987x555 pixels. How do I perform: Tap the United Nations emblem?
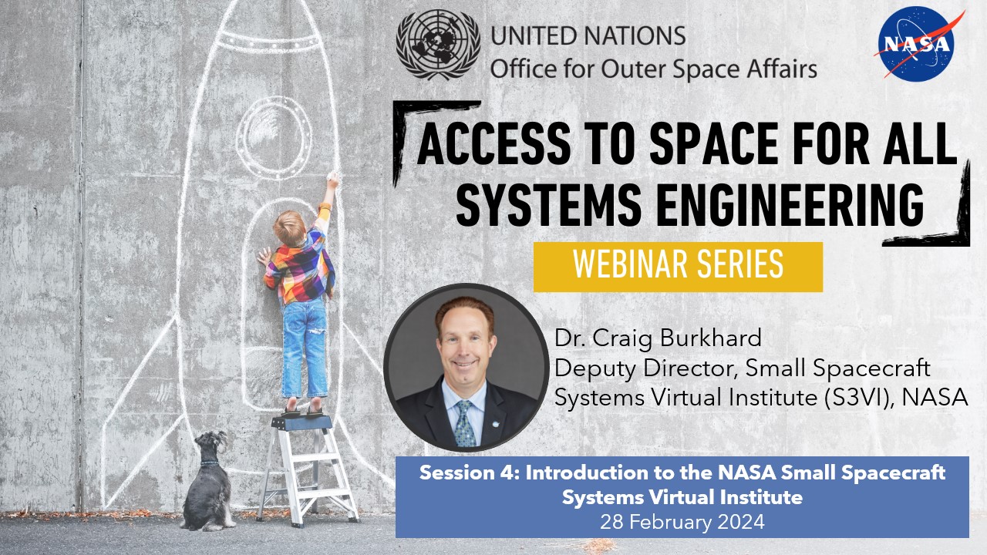(438, 45)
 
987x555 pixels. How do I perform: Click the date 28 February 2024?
(682, 522)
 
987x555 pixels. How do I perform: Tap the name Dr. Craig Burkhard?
(658, 338)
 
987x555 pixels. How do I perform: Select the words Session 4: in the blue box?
(470, 473)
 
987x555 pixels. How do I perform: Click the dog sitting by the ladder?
(208, 482)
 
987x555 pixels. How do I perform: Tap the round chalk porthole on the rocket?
(274, 137)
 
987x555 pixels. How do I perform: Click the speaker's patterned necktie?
(464, 423)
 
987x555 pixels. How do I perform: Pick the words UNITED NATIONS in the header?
(588, 35)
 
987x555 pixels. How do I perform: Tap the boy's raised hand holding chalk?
(332, 180)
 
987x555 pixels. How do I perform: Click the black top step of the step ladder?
(302, 423)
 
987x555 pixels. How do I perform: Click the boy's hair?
(289, 227)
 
